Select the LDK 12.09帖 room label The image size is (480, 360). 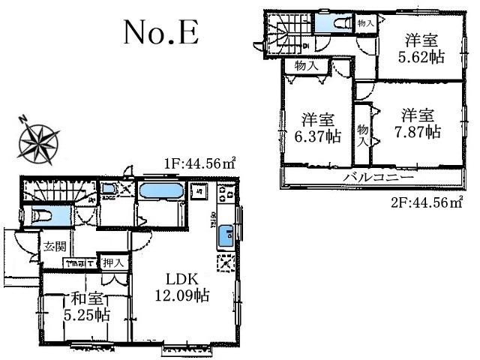(x=183, y=286)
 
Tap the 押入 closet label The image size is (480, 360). (x=113, y=262)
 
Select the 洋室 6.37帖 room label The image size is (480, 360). (x=316, y=127)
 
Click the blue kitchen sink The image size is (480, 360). (x=223, y=238)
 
